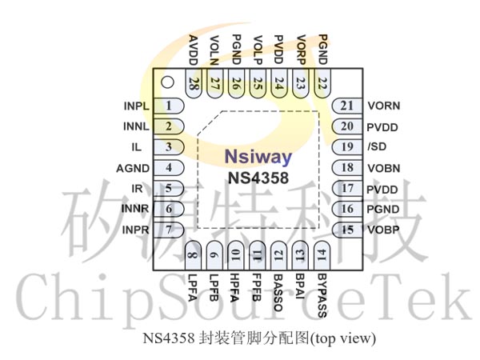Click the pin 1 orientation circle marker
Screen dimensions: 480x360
tap(167, 82)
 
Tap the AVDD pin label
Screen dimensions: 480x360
tap(194, 50)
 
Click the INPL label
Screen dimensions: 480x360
tap(136, 106)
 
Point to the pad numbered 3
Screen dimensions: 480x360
tap(169, 147)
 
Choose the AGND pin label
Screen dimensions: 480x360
tap(133, 168)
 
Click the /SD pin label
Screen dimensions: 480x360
tap(377, 146)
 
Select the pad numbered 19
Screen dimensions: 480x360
tap(347, 147)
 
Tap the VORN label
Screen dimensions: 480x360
tap(384, 106)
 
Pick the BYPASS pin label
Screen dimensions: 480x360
tap(322, 295)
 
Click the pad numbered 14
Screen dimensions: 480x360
tap(322, 255)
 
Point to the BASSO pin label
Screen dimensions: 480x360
tap(278, 292)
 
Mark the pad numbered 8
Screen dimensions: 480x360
tap(194, 255)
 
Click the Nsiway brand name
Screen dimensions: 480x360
tap(258, 157)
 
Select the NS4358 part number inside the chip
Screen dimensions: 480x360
tap(258, 178)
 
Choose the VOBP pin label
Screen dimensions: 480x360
tap(383, 230)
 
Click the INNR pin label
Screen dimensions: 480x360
tap(135, 209)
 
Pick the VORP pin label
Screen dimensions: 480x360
tap(302, 50)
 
